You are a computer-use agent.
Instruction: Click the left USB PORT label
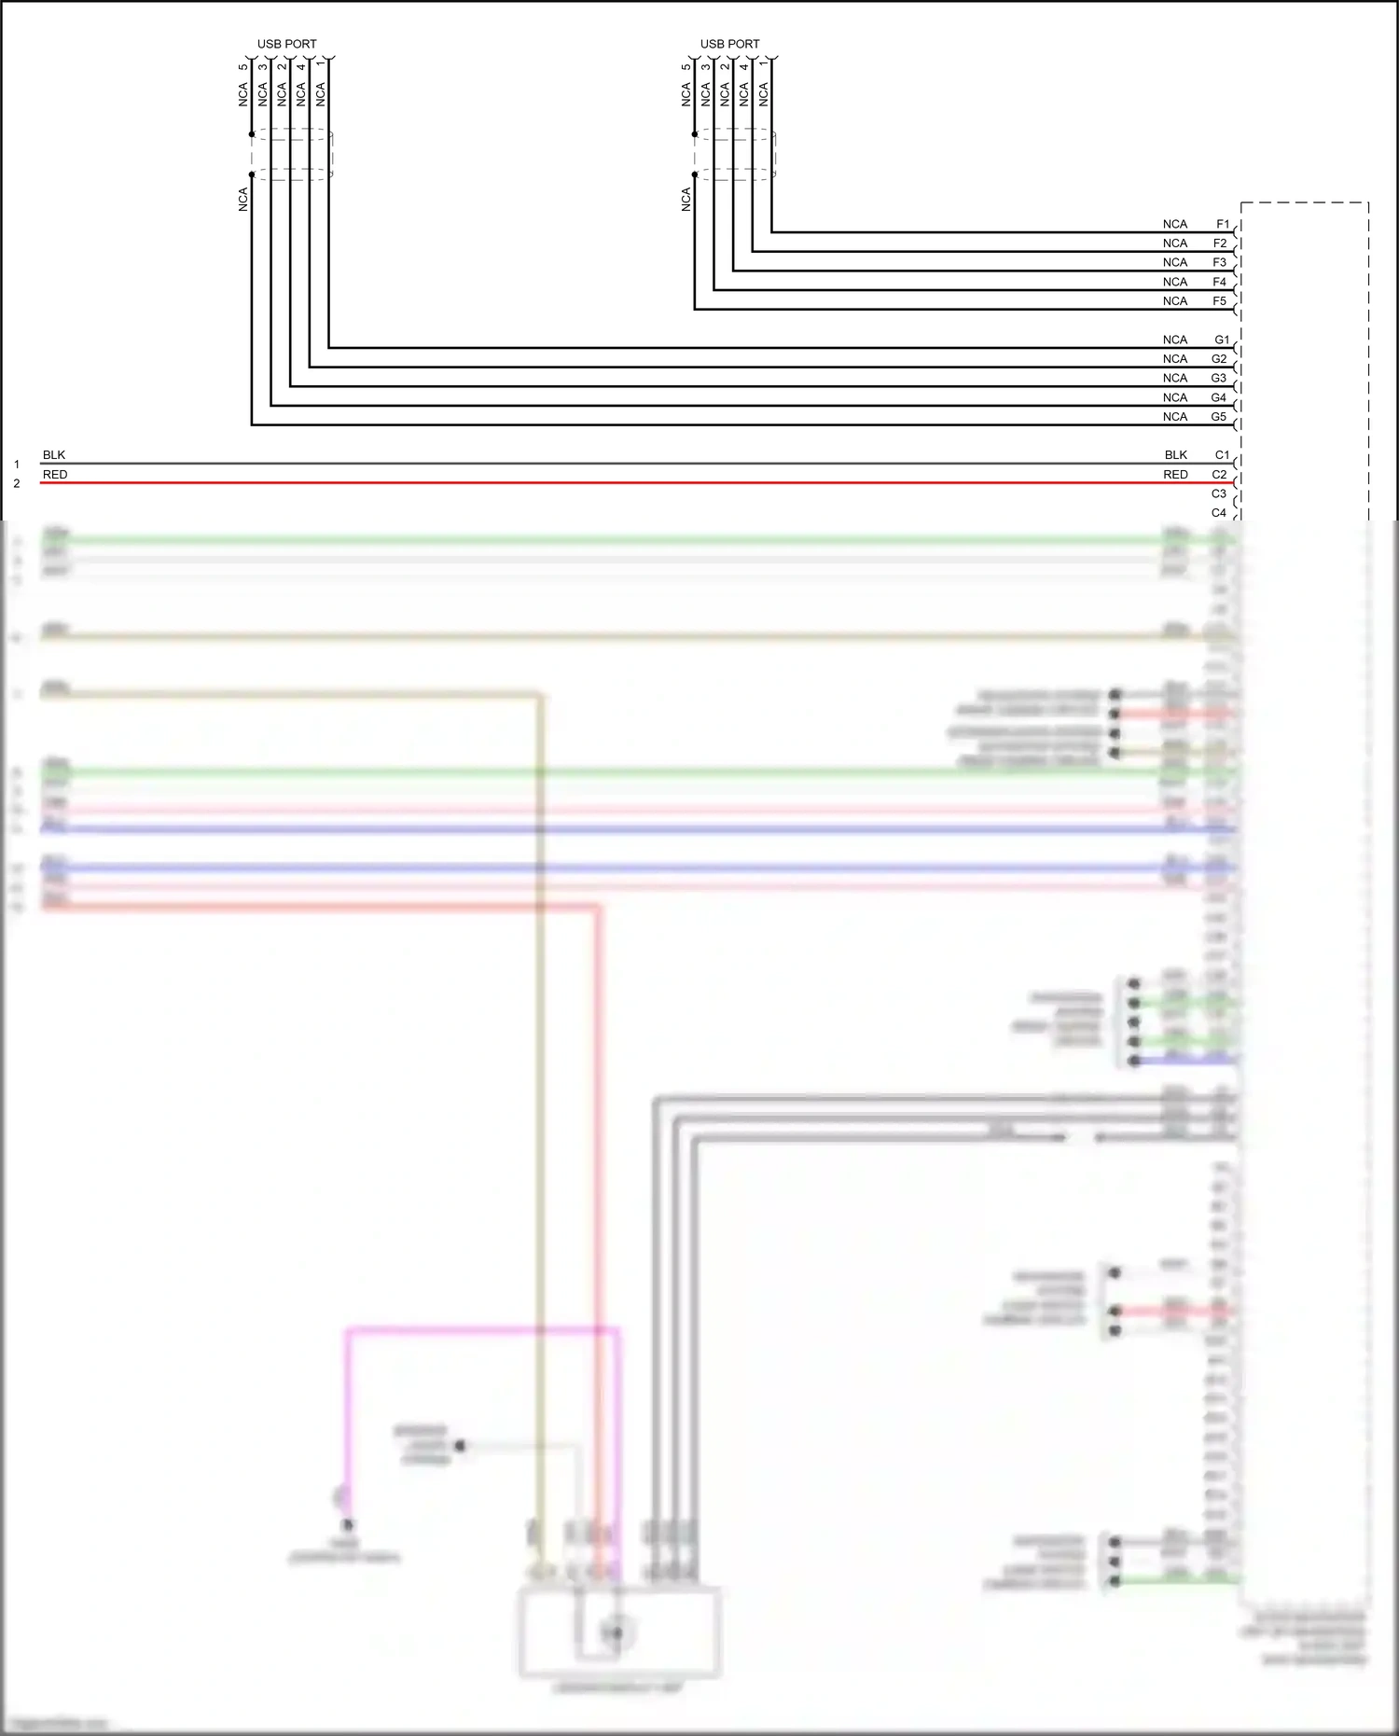pyautogui.click(x=286, y=44)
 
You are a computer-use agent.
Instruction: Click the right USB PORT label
pyautogui.click(x=729, y=44)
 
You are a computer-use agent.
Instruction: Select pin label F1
pyautogui.click(x=1223, y=224)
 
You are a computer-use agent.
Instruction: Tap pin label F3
pyautogui.click(x=1219, y=262)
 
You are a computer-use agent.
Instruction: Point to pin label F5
pyautogui.click(x=1219, y=301)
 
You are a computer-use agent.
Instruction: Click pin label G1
pyautogui.click(x=1222, y=340)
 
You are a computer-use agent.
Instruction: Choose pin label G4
pyautogui.click(x=1219, y=397)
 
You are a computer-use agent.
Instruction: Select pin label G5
pyautogui.click(x=1219, y=417)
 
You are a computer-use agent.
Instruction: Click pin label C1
pyautogui.click(x=1222, y=455)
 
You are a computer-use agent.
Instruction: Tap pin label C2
pyautogui.click(x=1219, y=475)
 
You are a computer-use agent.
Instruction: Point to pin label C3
pyautogui.click(x=1219, y=493)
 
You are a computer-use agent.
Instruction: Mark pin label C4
pyautogui.click(x=1219, y=513)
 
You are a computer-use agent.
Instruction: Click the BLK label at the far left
pyautogui.click(x=54, y=455)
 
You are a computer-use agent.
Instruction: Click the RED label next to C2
pyautogui.click(x=1175, y=475)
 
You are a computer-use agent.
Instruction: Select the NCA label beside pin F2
pyautogui.click(x=1175, y=243)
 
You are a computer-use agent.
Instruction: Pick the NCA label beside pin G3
pyautogui.click(x=1175, y=378)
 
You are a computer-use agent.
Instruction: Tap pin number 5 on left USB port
pyautogui.click(x=243, y=66)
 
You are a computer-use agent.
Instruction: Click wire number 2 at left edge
pyautogui.click(x=17, y=483)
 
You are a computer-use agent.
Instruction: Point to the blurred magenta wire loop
pyautogui.click(x=480, y=1328)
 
